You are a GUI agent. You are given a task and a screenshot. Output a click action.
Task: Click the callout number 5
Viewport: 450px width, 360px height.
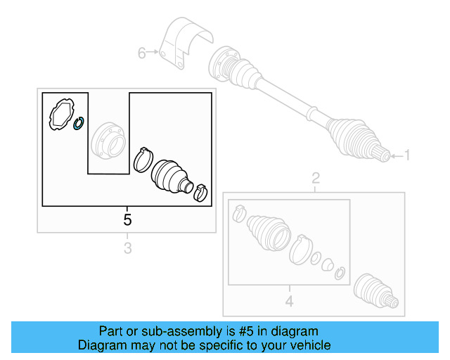(x=127, y=220)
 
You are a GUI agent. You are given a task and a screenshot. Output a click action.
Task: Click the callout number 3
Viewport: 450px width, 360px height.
(x=128, y=248)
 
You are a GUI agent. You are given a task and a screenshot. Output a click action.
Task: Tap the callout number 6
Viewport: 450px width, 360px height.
(x=142, y=53)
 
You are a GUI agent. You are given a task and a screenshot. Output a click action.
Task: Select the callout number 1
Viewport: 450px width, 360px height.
(x=407, y=155)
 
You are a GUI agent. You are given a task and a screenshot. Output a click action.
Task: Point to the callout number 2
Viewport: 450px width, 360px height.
(x=316, y=179)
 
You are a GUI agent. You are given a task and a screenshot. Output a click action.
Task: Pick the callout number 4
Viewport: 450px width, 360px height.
(x=289, y=301)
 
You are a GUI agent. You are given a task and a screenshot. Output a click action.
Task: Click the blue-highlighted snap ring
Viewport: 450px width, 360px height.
(x=78, y=123)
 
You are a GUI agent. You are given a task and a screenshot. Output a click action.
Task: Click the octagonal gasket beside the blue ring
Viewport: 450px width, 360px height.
(x=62, y=114)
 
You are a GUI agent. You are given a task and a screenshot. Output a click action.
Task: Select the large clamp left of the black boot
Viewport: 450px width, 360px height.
(x=143, y=160)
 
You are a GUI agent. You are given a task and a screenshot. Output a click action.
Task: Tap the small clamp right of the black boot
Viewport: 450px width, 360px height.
(x=200, y=193)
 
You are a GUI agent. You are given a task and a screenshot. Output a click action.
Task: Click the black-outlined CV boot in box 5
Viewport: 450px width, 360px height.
(x=172, y=176)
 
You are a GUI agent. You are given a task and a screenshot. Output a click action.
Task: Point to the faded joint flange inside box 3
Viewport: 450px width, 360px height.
(x=108, y=139)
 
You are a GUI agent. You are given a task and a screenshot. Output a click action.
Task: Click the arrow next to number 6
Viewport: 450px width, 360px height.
(x=153, y=52)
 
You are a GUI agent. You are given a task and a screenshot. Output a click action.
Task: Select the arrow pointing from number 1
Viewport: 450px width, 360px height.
(x=397, y=156)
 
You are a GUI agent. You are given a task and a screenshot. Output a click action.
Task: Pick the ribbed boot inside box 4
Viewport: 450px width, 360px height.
(x=269, y=232)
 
